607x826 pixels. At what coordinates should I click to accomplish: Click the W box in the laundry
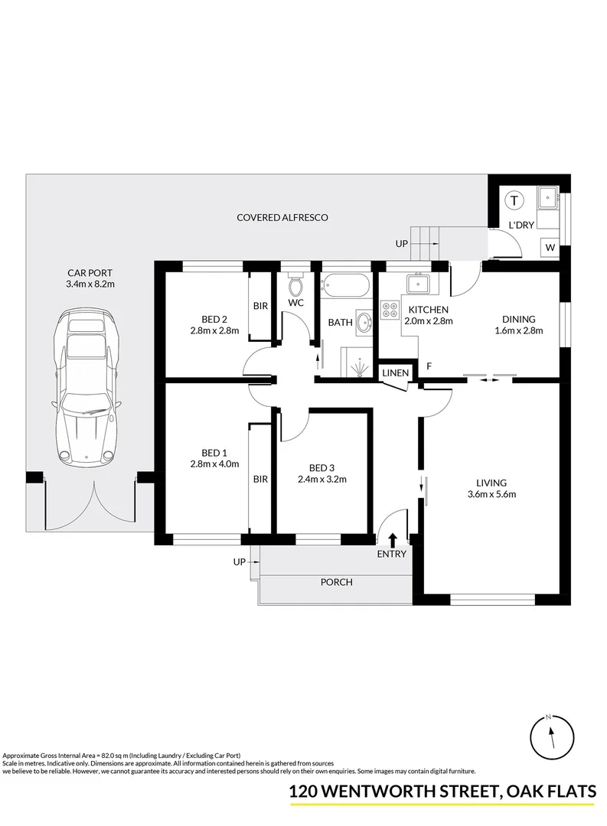[550, 247]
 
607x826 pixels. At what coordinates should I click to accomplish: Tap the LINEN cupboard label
[397, 372]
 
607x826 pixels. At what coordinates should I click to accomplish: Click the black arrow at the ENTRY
[392, 540]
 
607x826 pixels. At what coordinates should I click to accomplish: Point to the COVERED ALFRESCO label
[282, 218]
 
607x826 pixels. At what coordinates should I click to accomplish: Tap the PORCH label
[336, 582]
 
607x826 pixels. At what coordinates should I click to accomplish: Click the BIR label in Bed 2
[260, 306]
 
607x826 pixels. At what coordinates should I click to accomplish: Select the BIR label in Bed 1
[260, 480]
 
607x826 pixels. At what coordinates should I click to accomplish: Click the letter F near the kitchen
[429, 366]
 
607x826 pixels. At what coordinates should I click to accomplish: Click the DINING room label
[518, 320]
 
